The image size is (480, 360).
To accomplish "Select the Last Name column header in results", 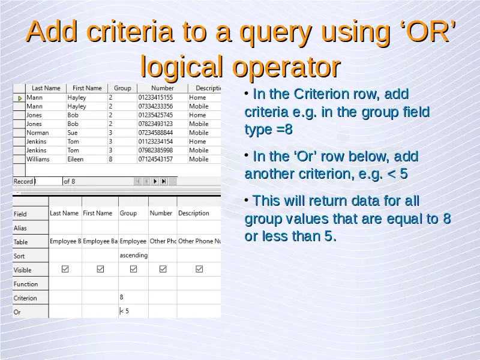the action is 46,88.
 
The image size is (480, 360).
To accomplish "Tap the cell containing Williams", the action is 38,159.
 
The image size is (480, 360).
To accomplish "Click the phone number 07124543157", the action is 155,159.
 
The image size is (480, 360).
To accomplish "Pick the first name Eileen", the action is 76,159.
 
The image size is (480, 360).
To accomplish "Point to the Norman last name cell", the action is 37,133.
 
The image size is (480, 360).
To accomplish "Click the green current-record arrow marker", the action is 20,98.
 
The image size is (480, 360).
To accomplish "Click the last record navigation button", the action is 164,181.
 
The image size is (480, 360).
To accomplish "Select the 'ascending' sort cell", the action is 133,256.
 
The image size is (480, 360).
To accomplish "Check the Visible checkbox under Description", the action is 199,269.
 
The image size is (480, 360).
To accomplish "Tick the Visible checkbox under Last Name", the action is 65,269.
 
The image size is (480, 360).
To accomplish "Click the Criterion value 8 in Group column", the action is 122,297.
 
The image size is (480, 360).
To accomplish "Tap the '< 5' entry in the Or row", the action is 124,311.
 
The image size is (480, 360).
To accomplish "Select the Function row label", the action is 26,284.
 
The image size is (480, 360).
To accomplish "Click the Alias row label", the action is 20,228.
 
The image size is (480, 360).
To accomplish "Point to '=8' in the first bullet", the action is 284,130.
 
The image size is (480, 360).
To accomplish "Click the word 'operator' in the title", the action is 286,67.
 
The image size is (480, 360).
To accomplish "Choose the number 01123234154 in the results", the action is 155,142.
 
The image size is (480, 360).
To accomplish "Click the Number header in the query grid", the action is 161,213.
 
